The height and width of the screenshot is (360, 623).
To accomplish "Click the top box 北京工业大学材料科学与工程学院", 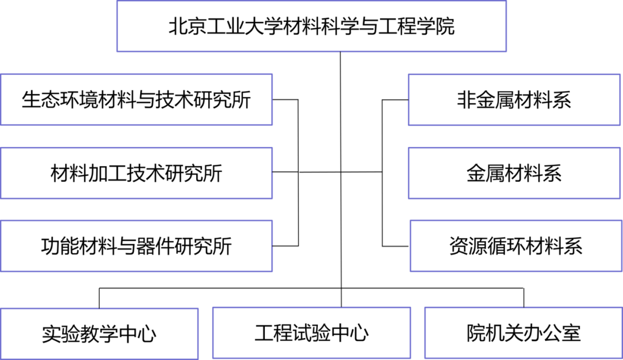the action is (311, 27).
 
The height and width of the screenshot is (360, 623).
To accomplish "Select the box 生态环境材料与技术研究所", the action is (136, 99).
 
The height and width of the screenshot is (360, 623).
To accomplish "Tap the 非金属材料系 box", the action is (514, 99).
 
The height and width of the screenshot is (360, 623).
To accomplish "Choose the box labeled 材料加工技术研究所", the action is (136, 173).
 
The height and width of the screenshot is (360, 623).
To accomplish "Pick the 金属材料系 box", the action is (514, 173).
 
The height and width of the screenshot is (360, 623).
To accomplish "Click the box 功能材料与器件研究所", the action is (136, 246).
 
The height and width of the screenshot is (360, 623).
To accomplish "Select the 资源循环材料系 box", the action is (516, 246).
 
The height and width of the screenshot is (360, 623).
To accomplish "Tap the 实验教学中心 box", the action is (99, 333).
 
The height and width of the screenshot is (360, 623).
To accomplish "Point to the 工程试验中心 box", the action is (311, 332).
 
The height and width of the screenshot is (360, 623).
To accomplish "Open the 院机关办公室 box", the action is (523, 332).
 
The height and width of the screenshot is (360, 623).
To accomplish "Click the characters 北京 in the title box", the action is (182, 27).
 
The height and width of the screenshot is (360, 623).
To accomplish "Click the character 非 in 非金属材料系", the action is (466, 99).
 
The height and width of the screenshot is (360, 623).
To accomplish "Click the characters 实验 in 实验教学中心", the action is (57, 333).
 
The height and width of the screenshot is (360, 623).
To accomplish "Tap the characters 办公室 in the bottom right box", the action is (552, 332).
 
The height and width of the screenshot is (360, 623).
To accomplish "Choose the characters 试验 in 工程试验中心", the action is (311, 332).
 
